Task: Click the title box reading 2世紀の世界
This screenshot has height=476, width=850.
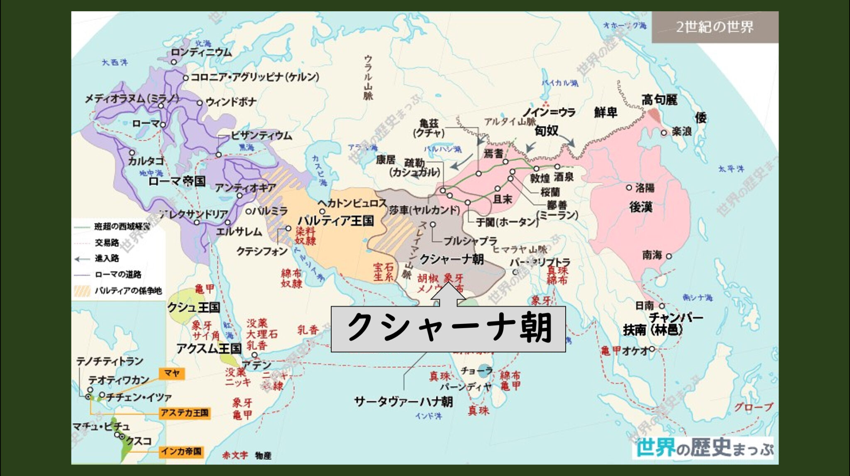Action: click(x=714, y=27)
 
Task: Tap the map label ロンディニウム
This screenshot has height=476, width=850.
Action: click(x=201, y=52)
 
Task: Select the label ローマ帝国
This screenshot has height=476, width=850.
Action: click(x=177, y=181)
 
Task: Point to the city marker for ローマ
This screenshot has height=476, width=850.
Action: click(x=163, y=125)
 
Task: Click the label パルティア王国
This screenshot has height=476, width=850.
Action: click(x=336, y=221)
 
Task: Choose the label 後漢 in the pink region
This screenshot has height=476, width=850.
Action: click(x=641, y=207)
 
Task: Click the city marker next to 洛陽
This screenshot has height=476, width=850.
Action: click(x=629, y=188)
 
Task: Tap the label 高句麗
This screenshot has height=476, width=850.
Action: click(x=659, y=100)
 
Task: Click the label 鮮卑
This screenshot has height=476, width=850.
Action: click(x=606, y=113)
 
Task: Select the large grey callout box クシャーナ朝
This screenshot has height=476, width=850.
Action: click(x=448, y=329)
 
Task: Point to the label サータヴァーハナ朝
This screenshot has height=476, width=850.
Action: click(x=403, y=402)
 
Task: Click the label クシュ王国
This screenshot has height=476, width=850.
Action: click(x=193, y=307)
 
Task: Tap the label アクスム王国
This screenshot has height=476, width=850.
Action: click(x=209, y=348)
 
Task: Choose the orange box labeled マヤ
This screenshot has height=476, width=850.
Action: click(x=172, y=373)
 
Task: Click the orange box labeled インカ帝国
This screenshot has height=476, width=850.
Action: click(x=181, y=451)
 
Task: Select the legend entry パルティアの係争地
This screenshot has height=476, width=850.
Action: click(x=128, y=291)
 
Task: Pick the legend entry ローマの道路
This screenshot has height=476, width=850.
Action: click(x=118, y=275)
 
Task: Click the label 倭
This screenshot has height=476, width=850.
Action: click(x=701, y=118)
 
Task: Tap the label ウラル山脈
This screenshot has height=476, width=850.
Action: click(x=368, y=77)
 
